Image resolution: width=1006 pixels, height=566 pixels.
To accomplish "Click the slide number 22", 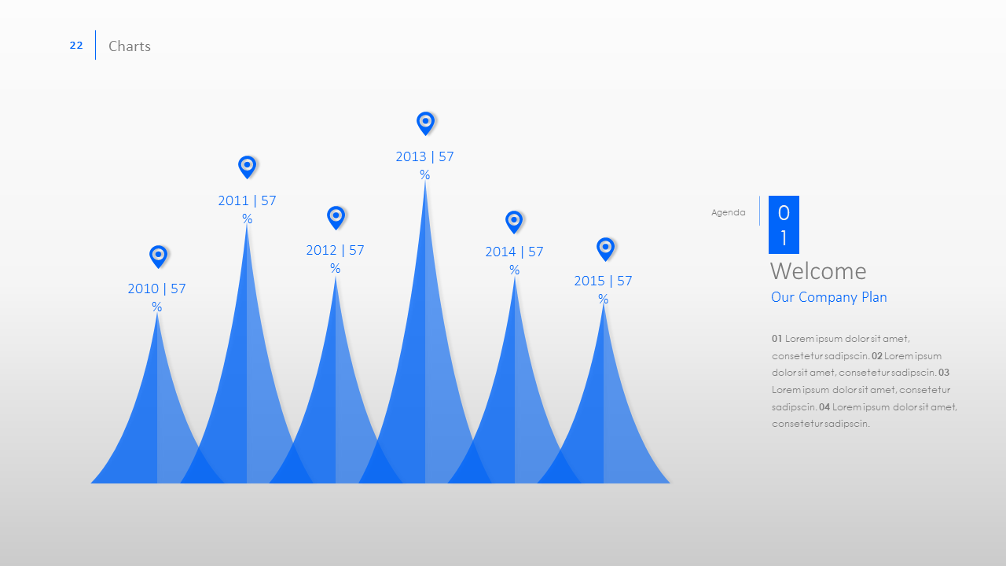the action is pos(76,46).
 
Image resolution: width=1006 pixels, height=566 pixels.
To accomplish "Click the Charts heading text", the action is pos(130,46).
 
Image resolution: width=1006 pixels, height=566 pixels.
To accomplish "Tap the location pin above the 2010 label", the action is pos(158,256).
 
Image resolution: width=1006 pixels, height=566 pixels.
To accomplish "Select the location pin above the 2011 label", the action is pos(247,167).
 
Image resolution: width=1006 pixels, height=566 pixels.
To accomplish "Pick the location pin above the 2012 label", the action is pos(336,218).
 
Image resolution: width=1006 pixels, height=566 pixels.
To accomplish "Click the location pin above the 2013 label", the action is pos(425,123).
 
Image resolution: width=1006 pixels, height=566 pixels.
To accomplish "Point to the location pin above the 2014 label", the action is pos(514,222).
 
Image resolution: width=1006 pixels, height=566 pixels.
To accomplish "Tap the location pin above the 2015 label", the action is pos(605,249).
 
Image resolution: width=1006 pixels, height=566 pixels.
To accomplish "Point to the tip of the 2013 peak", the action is pos(425,181).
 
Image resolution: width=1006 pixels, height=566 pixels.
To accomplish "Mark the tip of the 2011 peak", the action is pos(247,224).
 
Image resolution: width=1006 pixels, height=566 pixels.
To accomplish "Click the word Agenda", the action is pos(728,212).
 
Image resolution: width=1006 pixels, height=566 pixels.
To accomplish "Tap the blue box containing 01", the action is pos(784,225).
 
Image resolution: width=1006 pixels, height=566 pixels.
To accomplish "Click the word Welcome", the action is pos(818,271).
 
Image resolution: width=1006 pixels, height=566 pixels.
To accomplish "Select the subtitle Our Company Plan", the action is pos(829,297).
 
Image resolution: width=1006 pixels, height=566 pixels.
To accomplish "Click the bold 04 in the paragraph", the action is pos(824,407).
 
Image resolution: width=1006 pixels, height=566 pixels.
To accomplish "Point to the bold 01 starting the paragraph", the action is pos(777,339).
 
